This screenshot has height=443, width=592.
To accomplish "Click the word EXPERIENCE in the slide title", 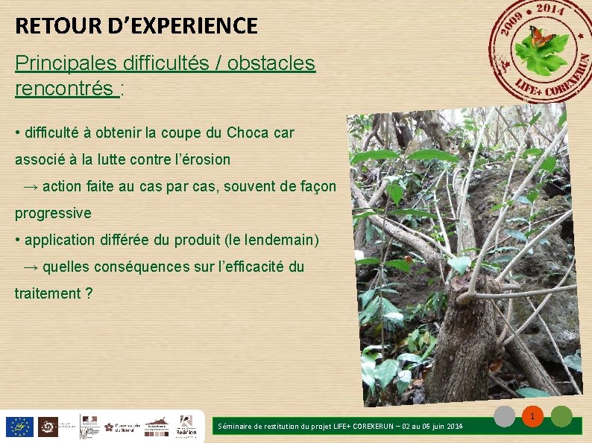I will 187,27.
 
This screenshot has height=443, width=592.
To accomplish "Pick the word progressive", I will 53,213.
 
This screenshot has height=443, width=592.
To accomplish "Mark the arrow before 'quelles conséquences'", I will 32,267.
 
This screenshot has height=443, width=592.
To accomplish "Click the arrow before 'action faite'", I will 32,186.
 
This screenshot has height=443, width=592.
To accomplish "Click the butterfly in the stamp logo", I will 541,35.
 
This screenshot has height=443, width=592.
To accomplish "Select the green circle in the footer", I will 561,416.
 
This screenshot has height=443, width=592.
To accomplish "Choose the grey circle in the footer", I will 506,416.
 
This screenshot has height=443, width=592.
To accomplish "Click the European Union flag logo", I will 19,427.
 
